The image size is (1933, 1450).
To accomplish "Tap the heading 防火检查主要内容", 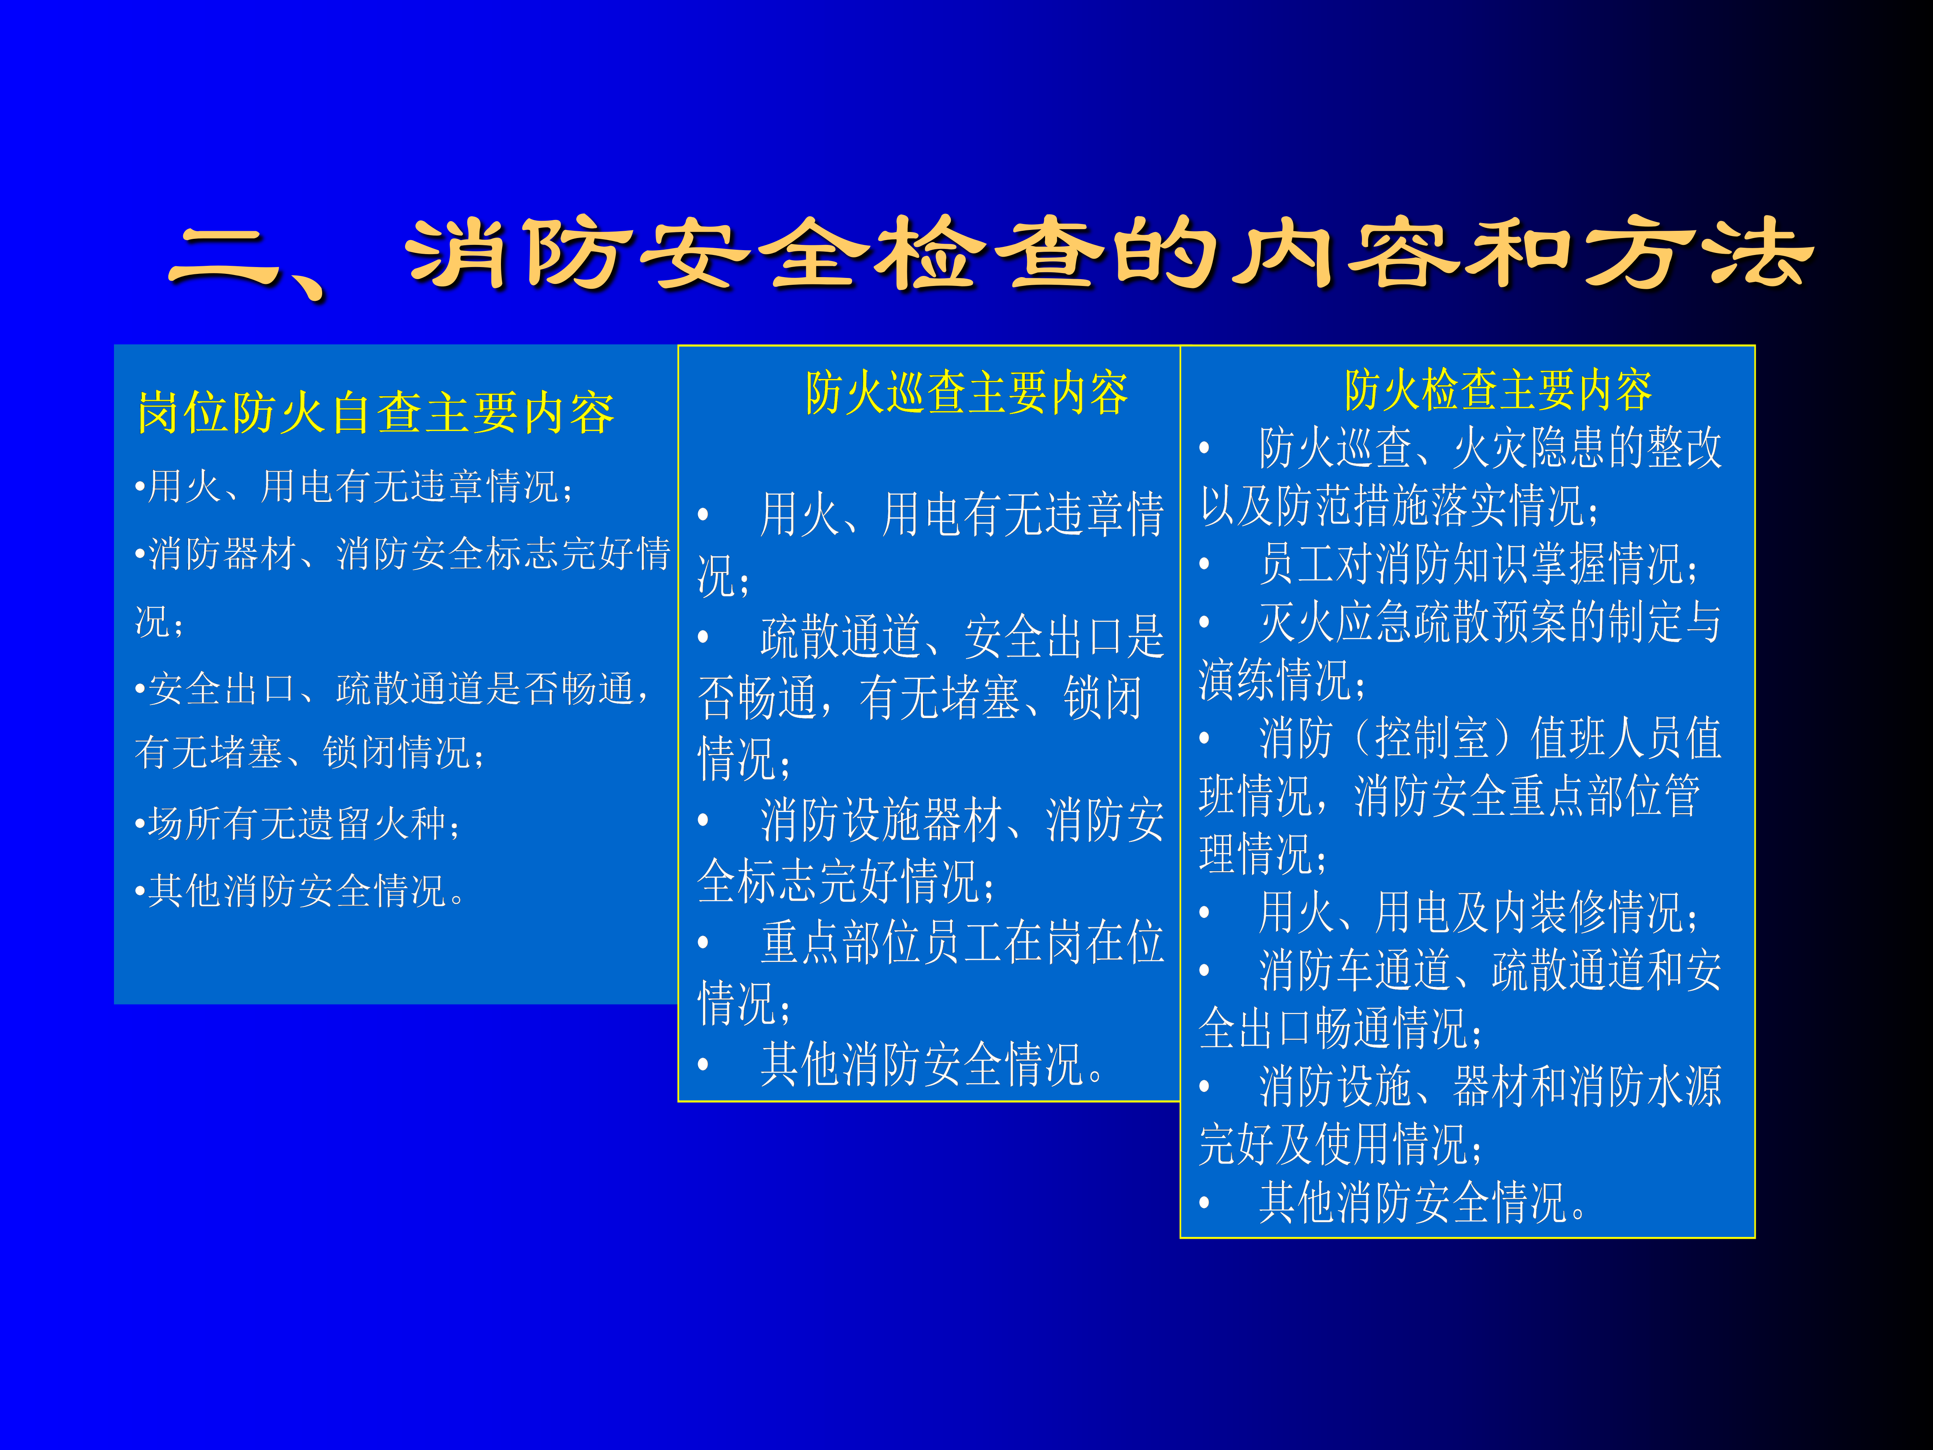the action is pyautogui.click(x=1498, y=390).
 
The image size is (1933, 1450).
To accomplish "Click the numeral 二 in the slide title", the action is pyautogui.click(x=226, y=255).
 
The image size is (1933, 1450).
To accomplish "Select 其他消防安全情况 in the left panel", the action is pyautogui.click(x=297, y=891).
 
